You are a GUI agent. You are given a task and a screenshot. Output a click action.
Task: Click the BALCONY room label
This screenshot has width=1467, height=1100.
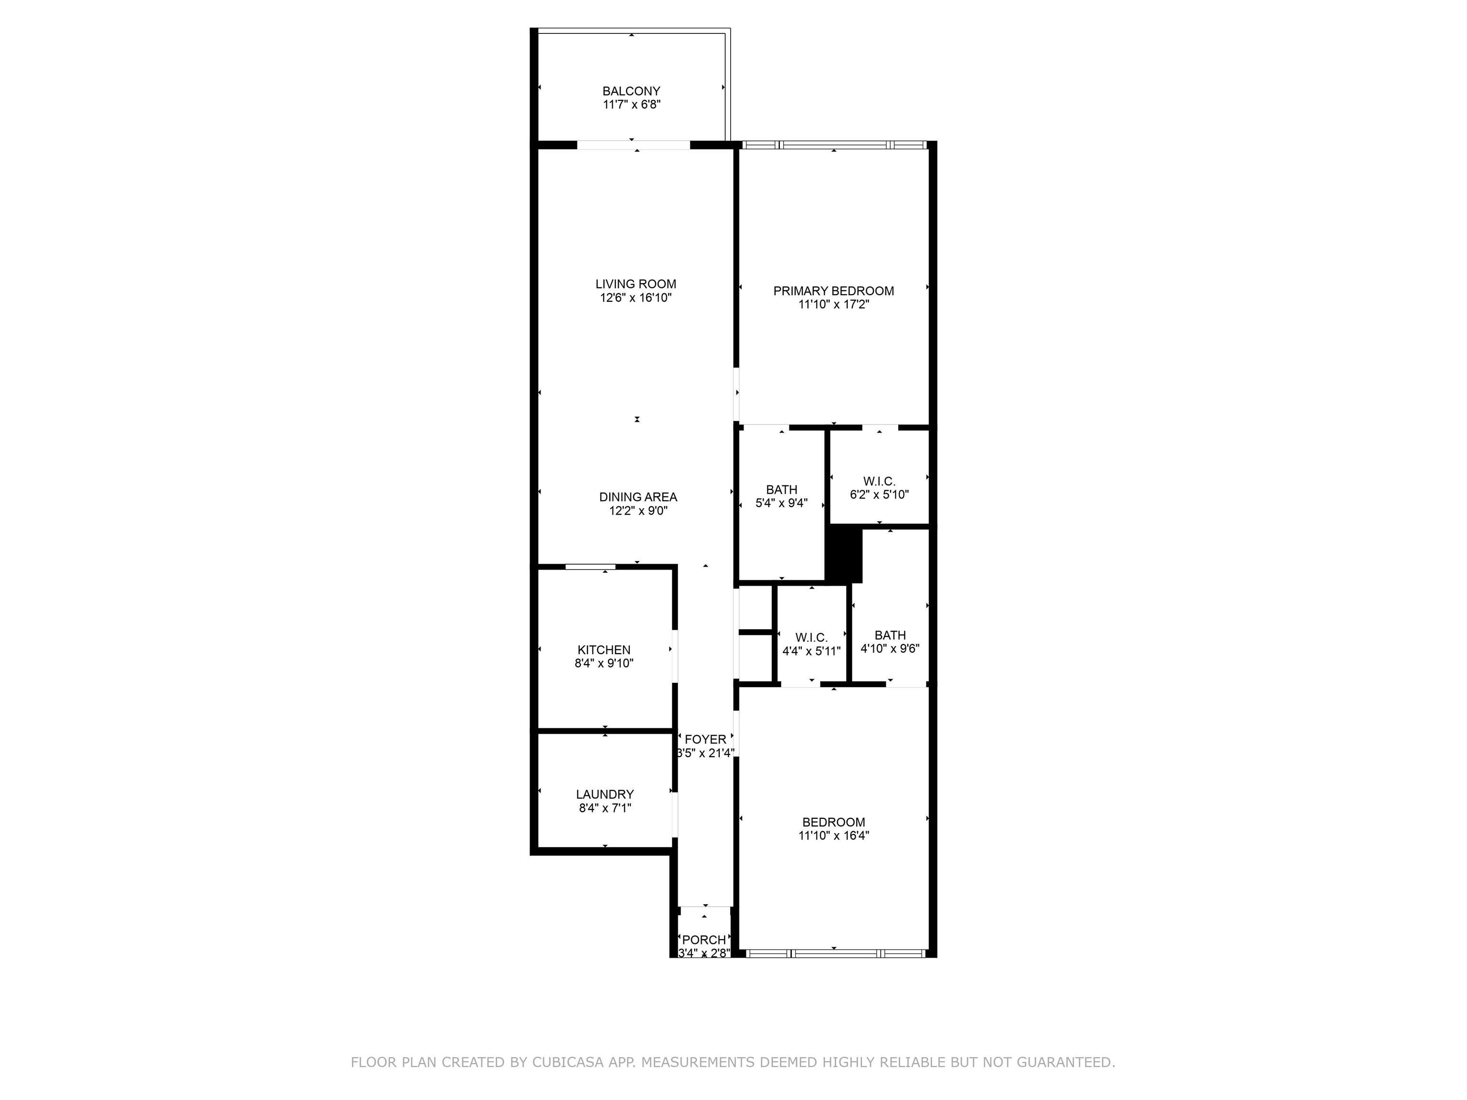click(631, 91)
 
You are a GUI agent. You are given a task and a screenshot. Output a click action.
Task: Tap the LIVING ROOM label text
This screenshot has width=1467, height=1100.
click(635, 284)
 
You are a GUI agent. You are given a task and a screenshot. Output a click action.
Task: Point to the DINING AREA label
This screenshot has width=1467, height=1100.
click(638, 497)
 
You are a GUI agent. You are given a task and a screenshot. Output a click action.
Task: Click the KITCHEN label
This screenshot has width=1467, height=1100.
click(604, 650)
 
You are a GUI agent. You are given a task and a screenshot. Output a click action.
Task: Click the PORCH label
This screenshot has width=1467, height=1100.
click(704, 940)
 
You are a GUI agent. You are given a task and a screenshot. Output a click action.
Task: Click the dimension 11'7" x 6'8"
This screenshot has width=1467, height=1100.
click(631, 105)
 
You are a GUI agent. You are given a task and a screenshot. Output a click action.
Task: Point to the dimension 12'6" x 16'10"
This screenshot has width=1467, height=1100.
click(635, 298)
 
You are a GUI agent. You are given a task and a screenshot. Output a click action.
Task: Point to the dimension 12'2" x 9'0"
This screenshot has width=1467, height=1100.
click(638, 510)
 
